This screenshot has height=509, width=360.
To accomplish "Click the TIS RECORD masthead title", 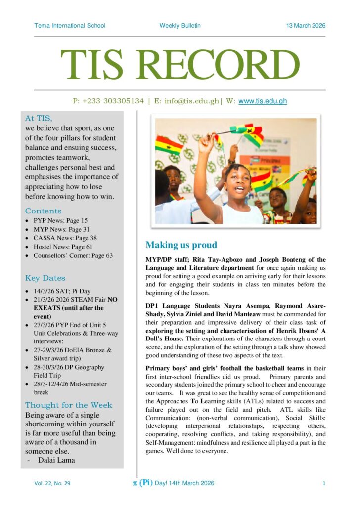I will (180, 65).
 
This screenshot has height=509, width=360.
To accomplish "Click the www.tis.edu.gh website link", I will (263, 101).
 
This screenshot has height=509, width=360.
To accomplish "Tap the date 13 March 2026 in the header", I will (306, 26).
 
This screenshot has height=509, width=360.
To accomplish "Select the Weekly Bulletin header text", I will (180, 26).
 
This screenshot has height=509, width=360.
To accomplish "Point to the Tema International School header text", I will (70, 26).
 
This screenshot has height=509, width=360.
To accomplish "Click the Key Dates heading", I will (45, 278).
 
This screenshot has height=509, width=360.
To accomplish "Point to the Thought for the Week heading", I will (69, 405).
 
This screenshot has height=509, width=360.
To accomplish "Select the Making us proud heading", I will (181, 245).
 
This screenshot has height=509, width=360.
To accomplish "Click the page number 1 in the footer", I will (324, 483).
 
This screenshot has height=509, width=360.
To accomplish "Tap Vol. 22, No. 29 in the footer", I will (52, 483).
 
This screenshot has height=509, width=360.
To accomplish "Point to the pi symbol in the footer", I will (134, 483).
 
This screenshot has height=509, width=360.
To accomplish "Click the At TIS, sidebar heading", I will (39, 118).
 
